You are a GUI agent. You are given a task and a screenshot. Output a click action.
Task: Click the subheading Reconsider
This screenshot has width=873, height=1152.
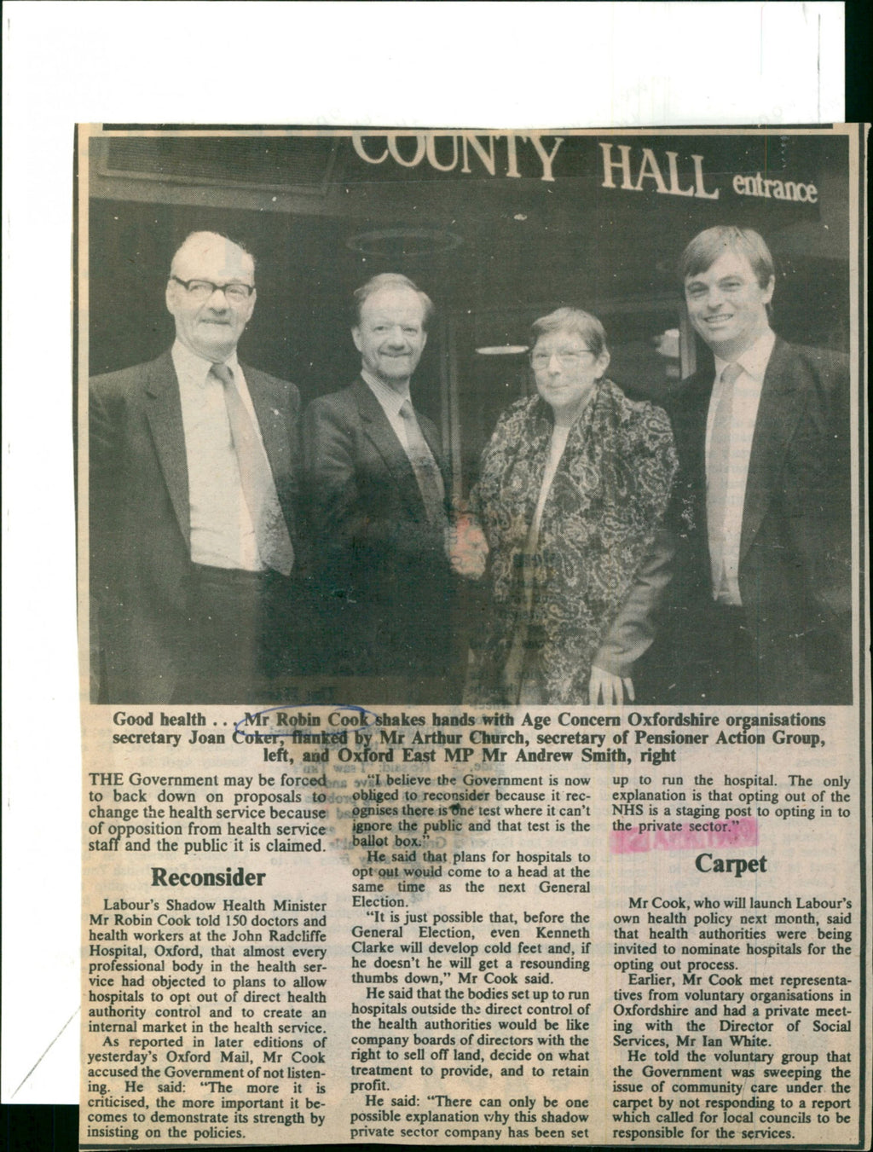208,877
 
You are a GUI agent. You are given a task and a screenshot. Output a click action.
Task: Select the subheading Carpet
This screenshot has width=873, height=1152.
731,864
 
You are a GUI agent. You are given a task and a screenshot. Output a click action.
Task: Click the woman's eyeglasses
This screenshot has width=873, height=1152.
558,358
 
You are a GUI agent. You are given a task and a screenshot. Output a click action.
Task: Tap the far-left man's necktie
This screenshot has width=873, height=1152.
246,443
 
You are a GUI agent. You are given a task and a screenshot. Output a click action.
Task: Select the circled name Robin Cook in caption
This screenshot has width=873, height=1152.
312,720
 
